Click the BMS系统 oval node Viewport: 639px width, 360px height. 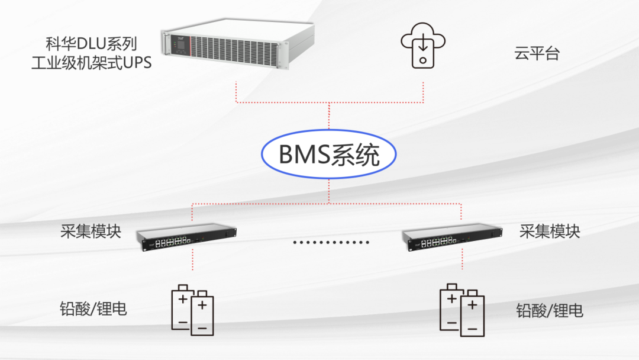pyautogui.click(x=328, y=155)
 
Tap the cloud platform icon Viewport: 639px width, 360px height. pyautogui.click(x=422, y=46)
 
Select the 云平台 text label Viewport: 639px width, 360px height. pyautogui.click(x=536, y=54)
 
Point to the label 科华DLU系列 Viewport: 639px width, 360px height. pyautogui.click(x=92, y=44)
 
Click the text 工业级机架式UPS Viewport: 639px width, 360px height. pyautogui.click(x=92, y=62)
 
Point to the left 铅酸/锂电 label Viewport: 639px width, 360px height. pyautogui.click(x=93, y=308)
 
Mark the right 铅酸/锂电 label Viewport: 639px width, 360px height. pyautogui.click(x=550, y=310)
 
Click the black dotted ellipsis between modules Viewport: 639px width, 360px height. pyautogui.click(x=331, y=242)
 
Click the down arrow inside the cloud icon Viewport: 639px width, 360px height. pyautogui.click(x=422, y=43)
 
